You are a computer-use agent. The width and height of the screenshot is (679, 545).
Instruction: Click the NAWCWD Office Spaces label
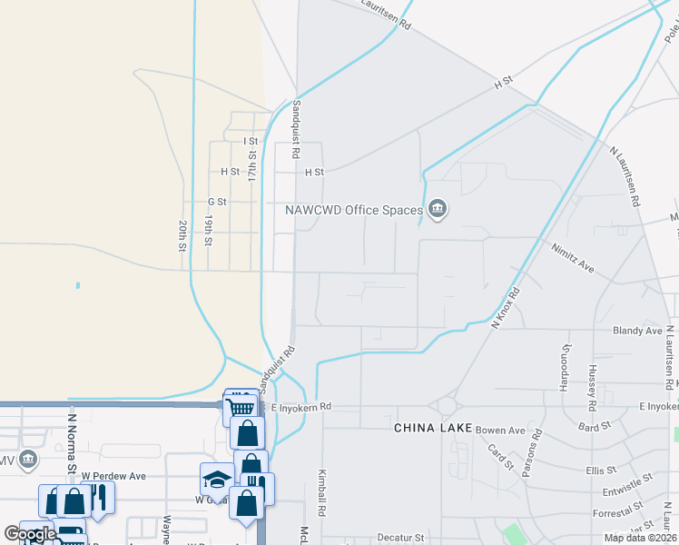click(x=355, y=210)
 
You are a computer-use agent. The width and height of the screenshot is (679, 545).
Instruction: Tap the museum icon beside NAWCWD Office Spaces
click(x=438, y=210)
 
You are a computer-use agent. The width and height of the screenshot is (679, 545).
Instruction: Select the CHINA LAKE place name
click(x=432, y=427)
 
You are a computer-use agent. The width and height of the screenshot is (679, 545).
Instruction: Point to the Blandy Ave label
click(x=637, y=331)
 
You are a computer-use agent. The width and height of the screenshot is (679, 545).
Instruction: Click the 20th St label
click(x=182, y=235)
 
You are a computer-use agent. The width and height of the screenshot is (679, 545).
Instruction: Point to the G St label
click(x=216, y=202)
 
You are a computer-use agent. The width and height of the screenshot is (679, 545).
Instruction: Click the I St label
click(x=251, y=142)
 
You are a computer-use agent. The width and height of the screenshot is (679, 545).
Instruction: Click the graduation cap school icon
click(x=217, y=479)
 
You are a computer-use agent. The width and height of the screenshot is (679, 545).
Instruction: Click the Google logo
click(x=30, y=534)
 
